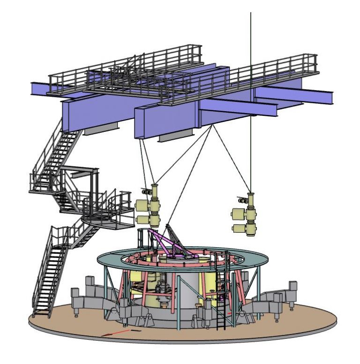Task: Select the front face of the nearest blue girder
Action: (164, 122)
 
